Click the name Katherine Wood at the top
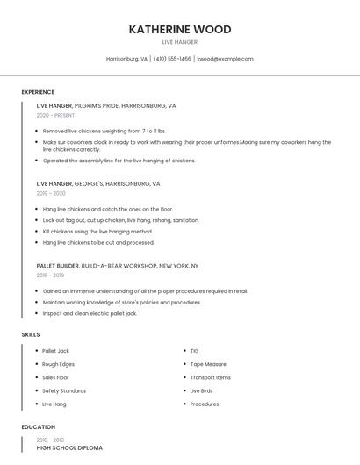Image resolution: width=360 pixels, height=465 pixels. (180, 29)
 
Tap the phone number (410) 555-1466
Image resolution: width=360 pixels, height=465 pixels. (172, 59)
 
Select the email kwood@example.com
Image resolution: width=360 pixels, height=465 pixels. (225, 59)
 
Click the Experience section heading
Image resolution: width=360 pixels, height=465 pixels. (38, 92)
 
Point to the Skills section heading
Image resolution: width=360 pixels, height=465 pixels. (31, 334)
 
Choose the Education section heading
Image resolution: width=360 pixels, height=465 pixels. (38, 427)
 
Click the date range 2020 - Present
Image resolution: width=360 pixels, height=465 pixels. (56, 115)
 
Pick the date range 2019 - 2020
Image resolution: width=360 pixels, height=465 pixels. (51, 193)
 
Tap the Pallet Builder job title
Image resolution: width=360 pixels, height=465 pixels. (57, 265)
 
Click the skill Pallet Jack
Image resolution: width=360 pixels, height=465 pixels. (55, 351)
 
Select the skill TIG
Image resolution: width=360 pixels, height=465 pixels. (194, 351)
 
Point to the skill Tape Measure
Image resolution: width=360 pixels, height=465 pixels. (208, 364)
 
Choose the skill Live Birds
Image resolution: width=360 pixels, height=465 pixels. (201, 390)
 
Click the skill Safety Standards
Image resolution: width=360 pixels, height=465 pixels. (64, 390)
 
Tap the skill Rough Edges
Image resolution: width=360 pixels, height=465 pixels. (58, 364)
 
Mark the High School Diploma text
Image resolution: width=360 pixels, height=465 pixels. (69, 447)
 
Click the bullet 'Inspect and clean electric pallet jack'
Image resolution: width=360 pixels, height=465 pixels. (90, 313)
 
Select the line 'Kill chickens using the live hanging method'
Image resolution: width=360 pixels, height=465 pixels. (97, 232)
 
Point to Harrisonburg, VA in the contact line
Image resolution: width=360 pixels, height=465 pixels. (126, 59)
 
